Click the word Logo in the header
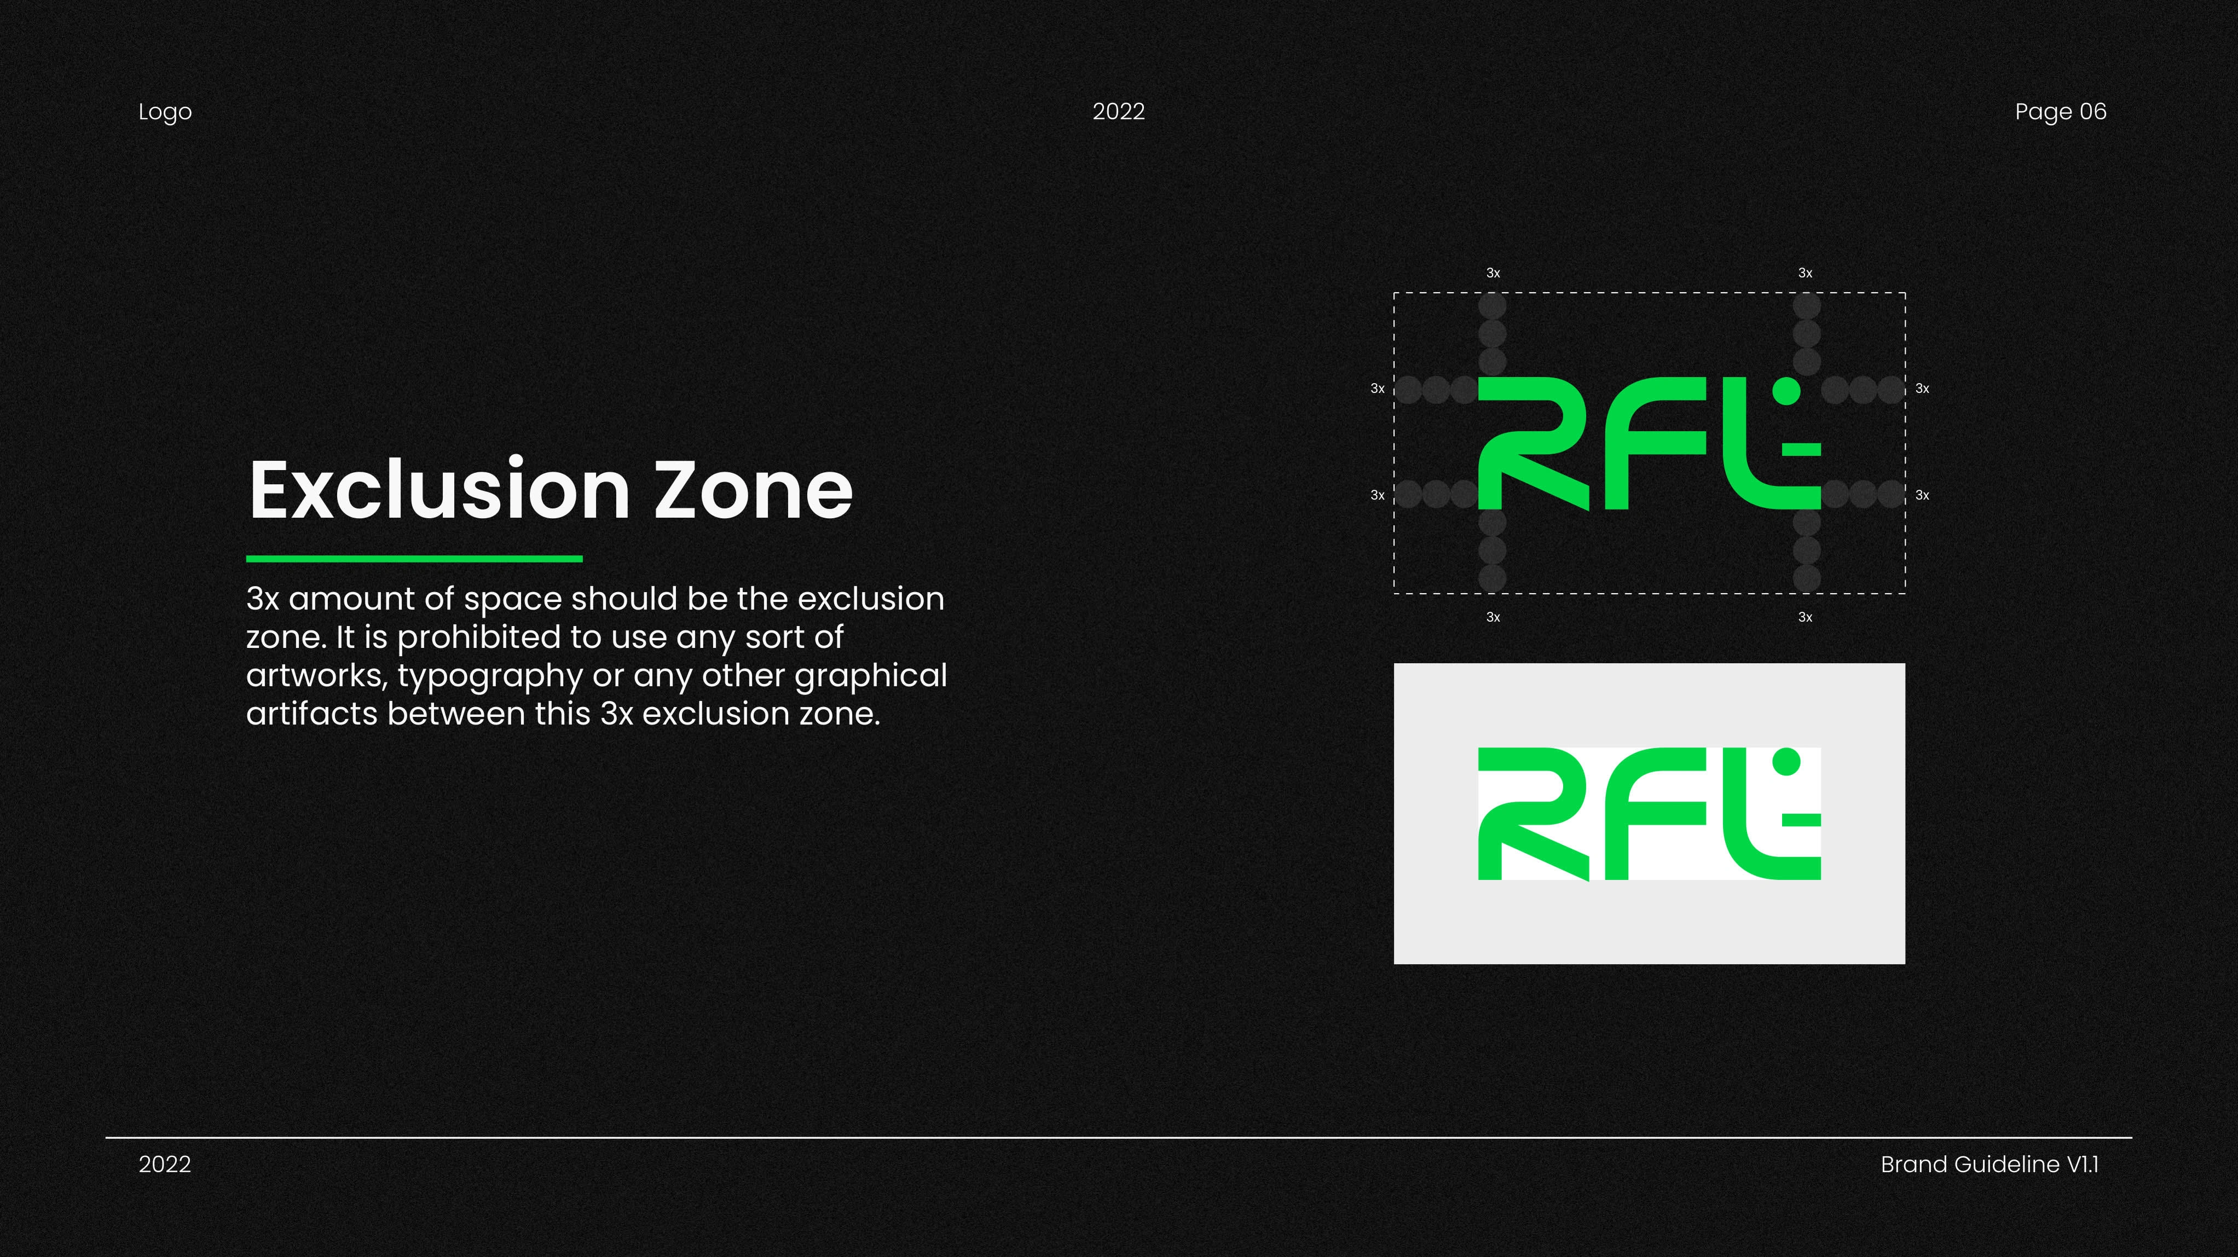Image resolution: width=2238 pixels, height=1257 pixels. (165, 113)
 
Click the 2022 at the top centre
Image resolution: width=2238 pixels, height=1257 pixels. (1118, 111)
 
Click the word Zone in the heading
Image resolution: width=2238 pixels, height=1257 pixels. (753, 491)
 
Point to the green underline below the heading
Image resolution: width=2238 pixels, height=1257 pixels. (414, 559)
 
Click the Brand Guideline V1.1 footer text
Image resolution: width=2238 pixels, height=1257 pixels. (1990, 1164)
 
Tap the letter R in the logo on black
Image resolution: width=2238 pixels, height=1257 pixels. (1534, 443)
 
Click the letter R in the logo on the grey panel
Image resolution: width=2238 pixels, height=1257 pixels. (1534, 813)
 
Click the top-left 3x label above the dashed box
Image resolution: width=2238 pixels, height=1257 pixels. (1493, 273)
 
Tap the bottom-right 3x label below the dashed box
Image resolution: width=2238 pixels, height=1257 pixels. (1806, 617)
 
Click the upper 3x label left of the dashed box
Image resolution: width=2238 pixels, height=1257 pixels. (1377, 389)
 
